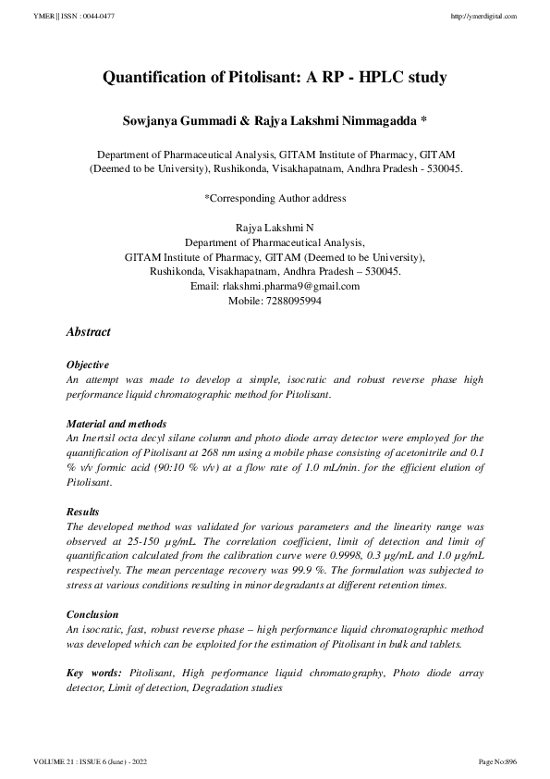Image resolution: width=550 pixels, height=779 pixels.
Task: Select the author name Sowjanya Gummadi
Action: [184, 121]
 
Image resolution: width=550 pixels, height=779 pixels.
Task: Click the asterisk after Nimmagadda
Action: [423, 121]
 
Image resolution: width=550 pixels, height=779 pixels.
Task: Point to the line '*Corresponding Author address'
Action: [275, 198]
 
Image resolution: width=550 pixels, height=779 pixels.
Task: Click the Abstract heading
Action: [89, 332]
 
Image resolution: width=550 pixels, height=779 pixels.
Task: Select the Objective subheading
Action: [88, 365]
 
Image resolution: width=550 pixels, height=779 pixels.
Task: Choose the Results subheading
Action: [83, 511]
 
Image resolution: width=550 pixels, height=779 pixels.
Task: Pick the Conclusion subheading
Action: [92, 614]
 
